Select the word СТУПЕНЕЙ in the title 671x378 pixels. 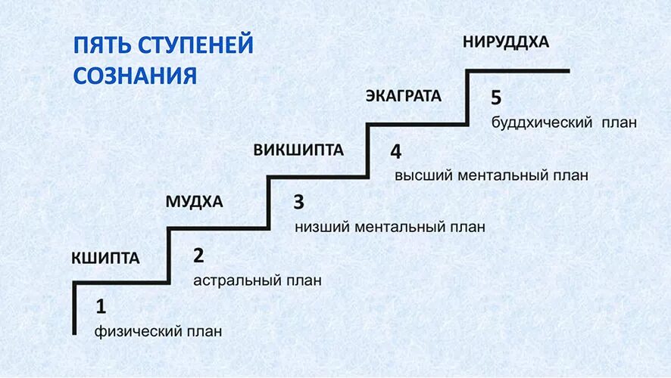point(195,45)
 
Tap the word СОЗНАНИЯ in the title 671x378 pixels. point(136,76)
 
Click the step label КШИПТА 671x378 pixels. point(105,259)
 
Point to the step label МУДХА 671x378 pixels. point(194,202)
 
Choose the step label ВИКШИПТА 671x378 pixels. point(298,150)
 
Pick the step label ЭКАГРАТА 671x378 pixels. point(403,96)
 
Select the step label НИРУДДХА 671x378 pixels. point(505,42)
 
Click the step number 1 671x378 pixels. point(101,307)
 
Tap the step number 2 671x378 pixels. point(198,256)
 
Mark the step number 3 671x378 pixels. point(298,202)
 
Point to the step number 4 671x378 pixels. point(396,151)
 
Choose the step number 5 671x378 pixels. point(496,98)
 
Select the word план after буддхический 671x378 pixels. point(620,122)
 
